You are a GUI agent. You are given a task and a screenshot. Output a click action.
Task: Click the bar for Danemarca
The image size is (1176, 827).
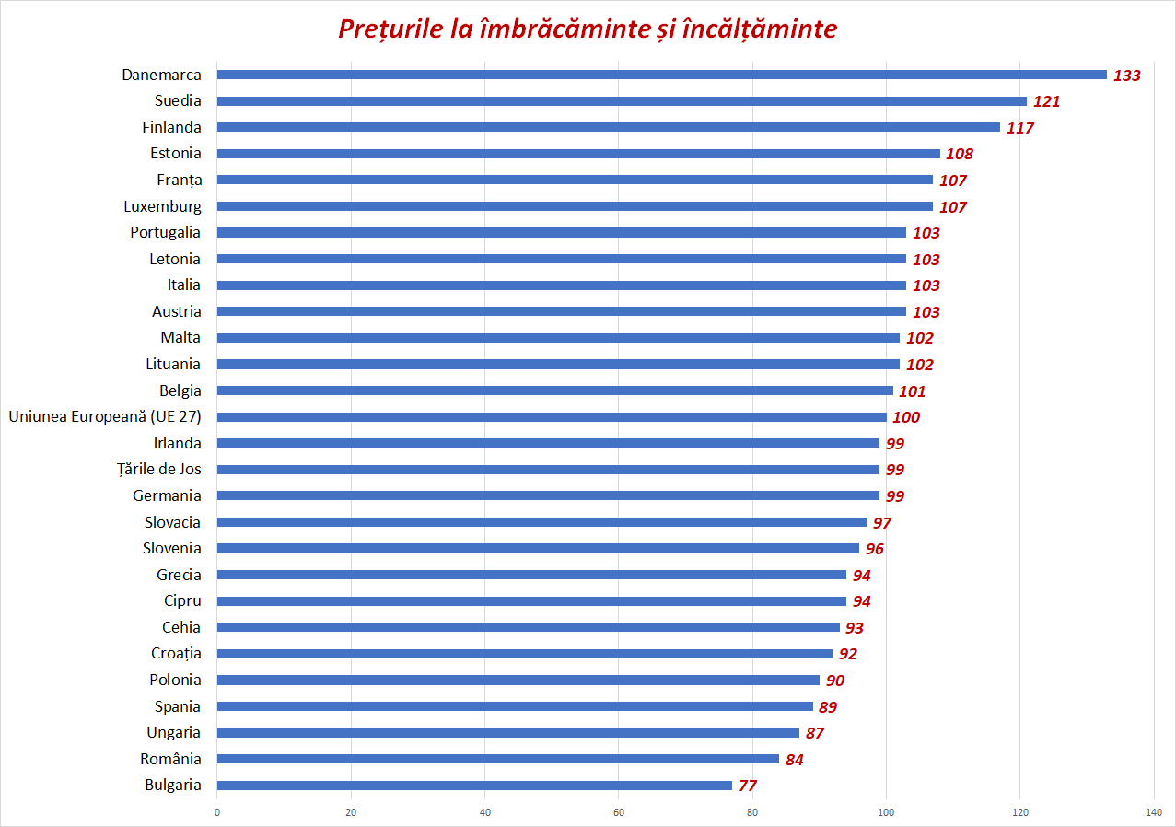click(661, 75)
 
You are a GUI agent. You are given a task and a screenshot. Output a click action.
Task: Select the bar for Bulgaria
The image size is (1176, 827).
click(474, 786)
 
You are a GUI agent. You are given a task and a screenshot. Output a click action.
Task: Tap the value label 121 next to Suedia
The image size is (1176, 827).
click(1046, 101)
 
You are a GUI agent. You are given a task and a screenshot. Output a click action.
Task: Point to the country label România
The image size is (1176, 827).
click(170, 759)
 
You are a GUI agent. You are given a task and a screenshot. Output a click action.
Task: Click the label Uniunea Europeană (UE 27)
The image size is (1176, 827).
click(105, 416)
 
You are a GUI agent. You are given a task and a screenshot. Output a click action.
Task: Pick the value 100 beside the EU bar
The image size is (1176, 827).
click(906, 417)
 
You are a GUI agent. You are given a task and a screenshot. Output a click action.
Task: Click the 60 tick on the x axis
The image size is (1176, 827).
click(619, 812)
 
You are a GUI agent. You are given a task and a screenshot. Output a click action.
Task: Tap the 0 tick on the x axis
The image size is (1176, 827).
click(217, 812)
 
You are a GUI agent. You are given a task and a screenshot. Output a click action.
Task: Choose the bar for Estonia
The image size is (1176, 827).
click(578, 154)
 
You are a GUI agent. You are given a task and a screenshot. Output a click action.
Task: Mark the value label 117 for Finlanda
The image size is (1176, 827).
click(1020, 128)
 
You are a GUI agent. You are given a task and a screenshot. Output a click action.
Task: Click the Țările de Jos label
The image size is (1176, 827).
click(159, 469)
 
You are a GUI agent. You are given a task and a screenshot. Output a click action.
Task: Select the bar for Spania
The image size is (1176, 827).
click(516, 706)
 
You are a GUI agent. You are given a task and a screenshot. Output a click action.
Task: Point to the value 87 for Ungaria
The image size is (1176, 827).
click(814, 733)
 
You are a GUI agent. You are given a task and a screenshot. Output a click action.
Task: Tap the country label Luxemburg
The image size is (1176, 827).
click(162, 206)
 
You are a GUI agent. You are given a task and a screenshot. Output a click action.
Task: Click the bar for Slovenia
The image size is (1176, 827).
click(538, 548)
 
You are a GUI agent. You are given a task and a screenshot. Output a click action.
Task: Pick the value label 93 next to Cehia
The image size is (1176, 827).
click(854, 628)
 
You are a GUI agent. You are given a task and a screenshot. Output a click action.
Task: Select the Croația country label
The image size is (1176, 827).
click(176, 653)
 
